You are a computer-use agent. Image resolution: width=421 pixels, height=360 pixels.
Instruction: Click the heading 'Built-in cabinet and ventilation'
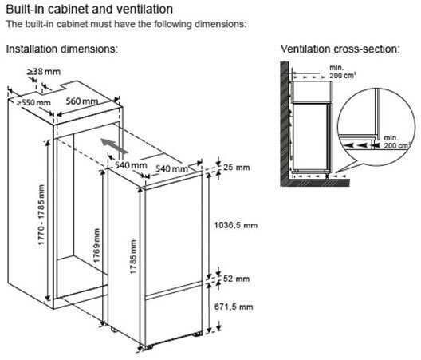(89, 9)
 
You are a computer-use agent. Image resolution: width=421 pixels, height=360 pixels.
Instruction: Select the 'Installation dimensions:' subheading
(62, 49)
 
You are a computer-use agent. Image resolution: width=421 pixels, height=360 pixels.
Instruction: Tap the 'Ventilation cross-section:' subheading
(340, 49)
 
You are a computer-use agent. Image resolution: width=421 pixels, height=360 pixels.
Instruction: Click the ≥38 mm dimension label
(44, 72)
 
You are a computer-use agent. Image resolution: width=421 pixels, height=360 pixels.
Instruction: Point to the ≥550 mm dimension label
(33, 102)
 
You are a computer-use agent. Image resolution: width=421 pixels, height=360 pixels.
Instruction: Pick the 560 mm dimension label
(82, 101)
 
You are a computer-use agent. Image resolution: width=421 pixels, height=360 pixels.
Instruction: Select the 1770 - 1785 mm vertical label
(41, 215)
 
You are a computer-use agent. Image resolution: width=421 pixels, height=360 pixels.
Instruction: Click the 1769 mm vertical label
(96, 246)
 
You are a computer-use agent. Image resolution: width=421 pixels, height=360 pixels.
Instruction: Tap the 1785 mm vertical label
(133, 257)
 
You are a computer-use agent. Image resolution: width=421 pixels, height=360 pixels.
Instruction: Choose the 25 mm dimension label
(237, 168)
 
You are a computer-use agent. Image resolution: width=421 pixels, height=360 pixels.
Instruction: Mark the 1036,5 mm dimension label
(236, 225)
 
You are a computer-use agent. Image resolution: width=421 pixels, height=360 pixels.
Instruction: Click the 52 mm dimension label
(236, 279)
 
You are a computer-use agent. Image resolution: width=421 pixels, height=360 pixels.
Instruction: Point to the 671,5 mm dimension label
(234, 307)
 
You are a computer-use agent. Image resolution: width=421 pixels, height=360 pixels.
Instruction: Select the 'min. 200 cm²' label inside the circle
(395, 142)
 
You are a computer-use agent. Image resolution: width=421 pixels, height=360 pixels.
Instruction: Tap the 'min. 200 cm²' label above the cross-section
(343, 72)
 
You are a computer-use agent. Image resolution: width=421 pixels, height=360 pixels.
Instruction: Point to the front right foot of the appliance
(198, 334)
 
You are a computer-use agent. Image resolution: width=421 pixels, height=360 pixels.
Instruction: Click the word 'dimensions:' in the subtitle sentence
(220, 24)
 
